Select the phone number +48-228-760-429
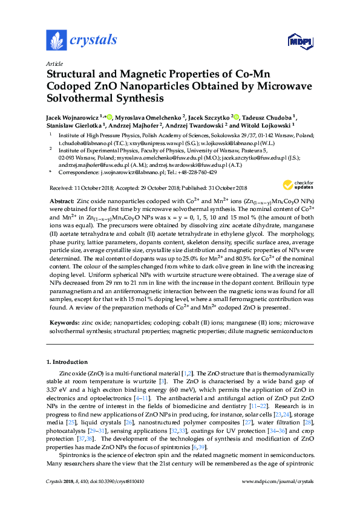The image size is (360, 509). tap(196, 172)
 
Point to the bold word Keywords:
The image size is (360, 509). tap(64, 323)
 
